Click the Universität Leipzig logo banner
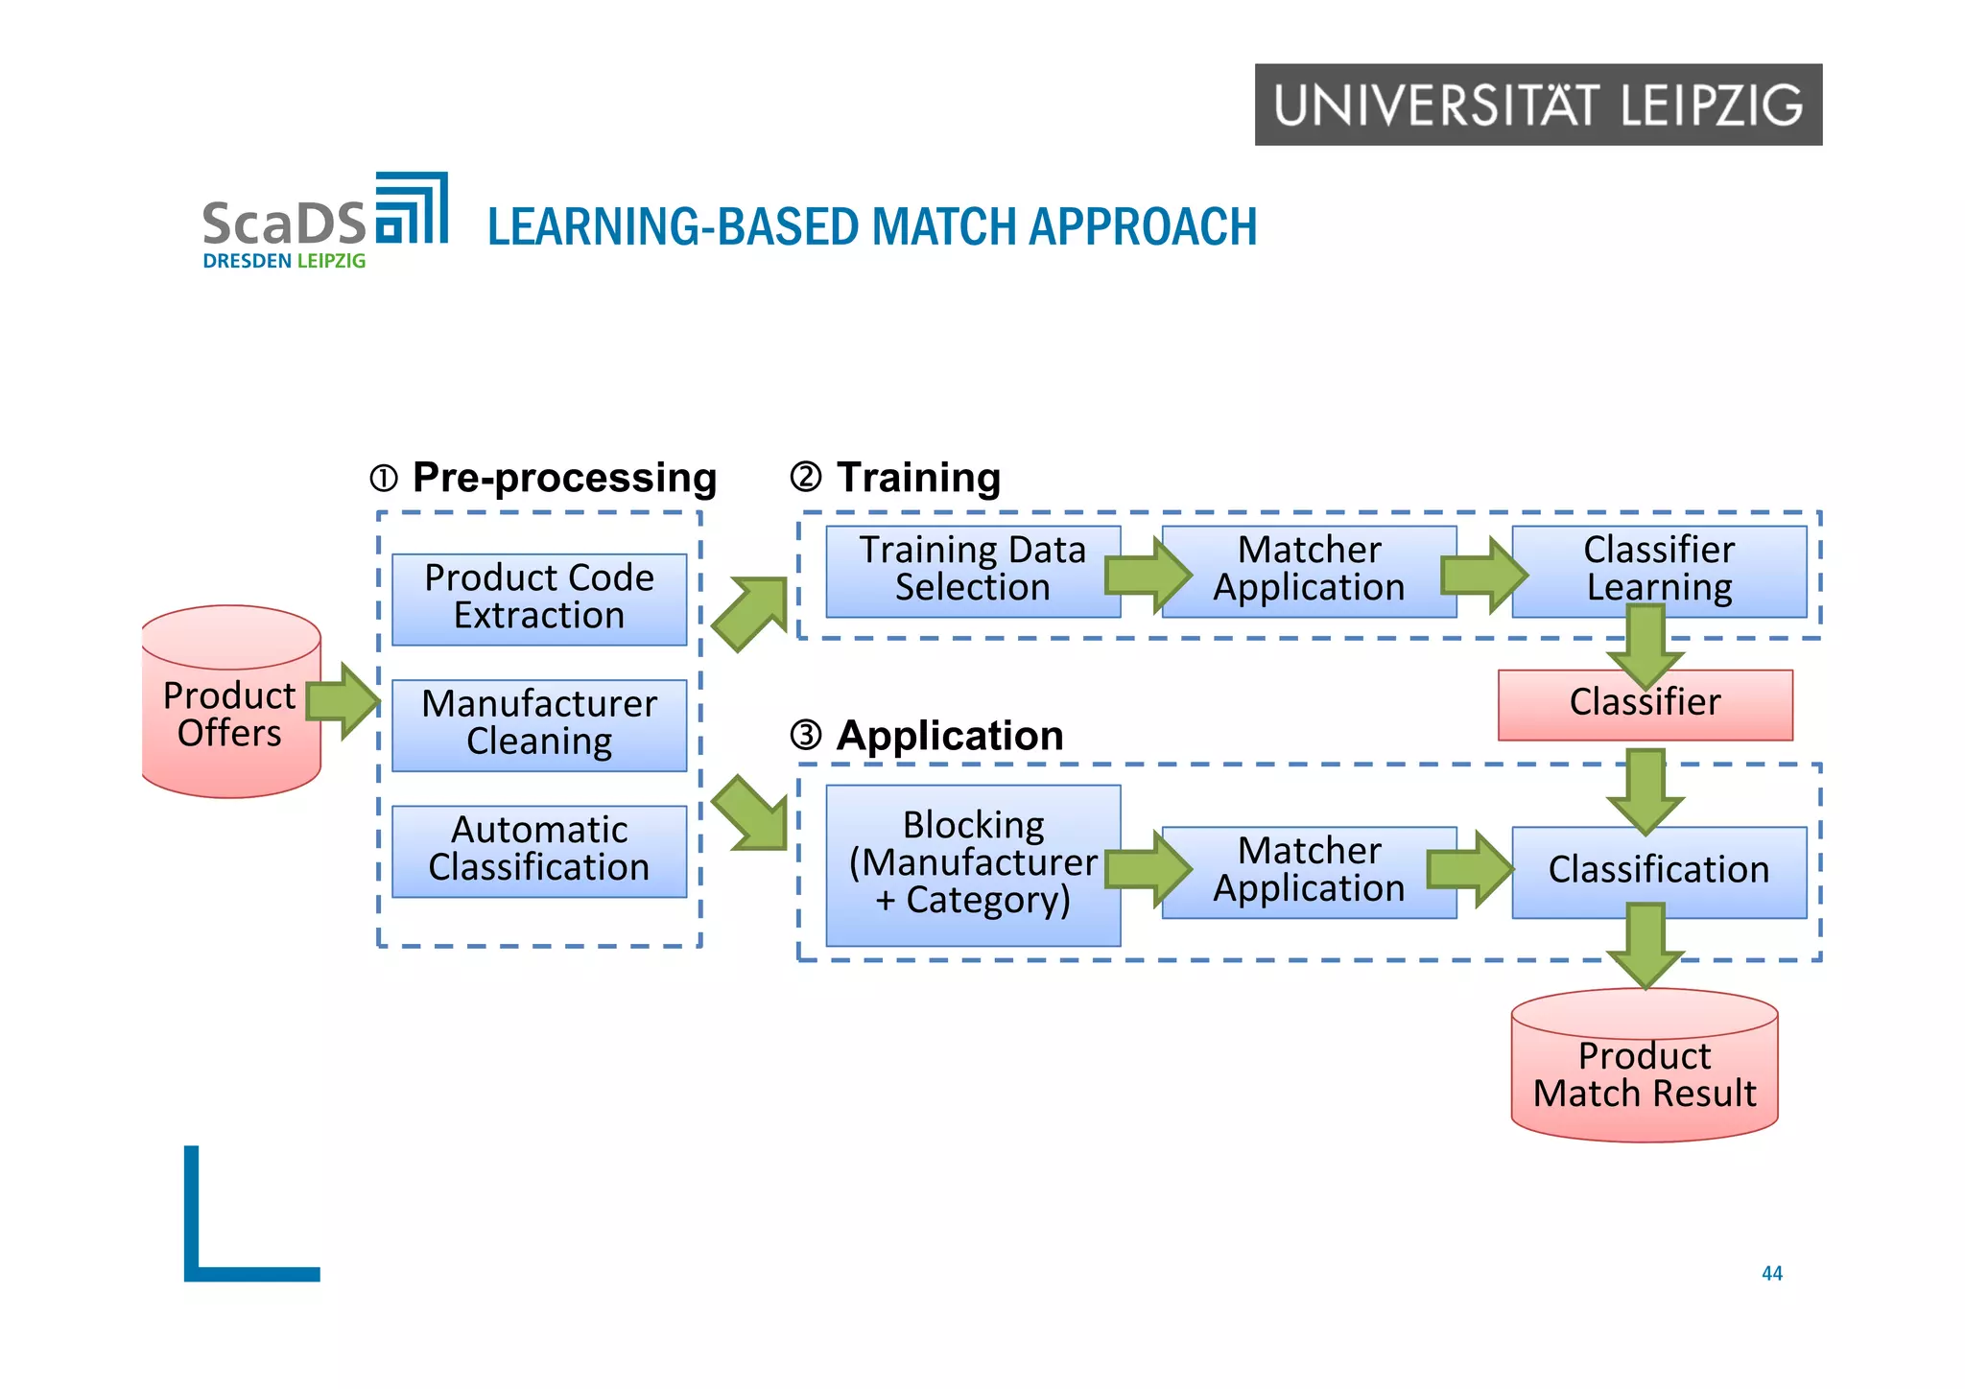pos(1537,105)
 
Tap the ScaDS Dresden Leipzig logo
pos(324,222)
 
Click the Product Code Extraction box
pos(539,599)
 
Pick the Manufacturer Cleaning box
pos(539,724)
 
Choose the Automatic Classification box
pos(539,850)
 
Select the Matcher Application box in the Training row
pos(1309,570)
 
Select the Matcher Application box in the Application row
pos(1309,871)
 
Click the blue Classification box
pos(1658,871)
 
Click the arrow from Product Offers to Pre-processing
pos(343,700)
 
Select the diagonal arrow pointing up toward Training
pos(749,613)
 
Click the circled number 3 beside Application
pos(806,736)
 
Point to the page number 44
pos(1771,1273)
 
